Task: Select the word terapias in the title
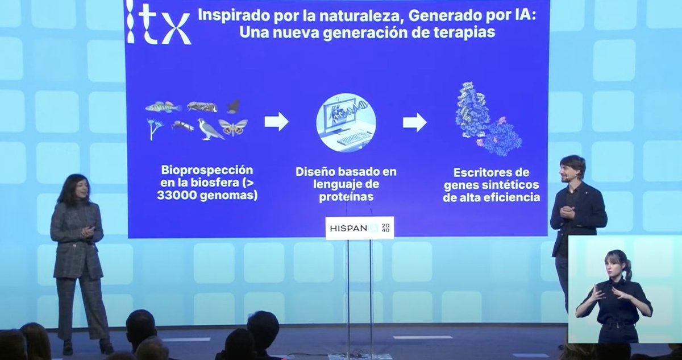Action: coord(463,32)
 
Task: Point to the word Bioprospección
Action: coord(207,170)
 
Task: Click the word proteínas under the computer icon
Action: coord(346,197)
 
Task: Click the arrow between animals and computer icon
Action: coord(276,121)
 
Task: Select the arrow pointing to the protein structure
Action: coord(414,122)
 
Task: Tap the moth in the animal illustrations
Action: coord(233,127)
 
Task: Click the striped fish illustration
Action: coord(163,107)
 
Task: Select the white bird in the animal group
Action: coord(210,130)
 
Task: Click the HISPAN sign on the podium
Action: coord(359,228)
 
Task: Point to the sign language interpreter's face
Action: coord(616,266)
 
